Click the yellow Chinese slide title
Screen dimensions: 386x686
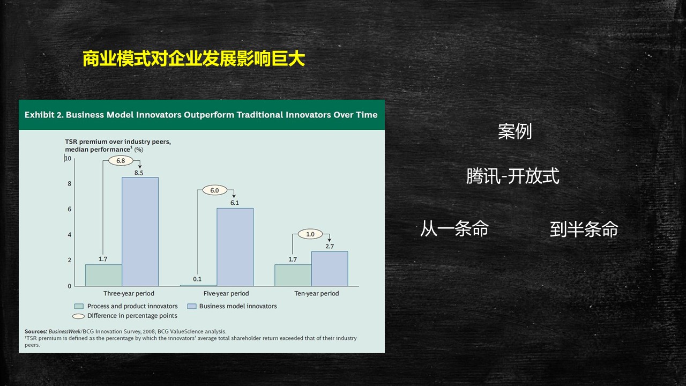193,58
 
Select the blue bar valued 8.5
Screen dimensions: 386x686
140,232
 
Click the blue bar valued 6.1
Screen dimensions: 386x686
235,247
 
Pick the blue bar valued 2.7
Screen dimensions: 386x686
330,269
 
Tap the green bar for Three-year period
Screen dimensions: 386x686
103,275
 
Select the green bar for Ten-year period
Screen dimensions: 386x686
293,275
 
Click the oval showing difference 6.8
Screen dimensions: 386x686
121,161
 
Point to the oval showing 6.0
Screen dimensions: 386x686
214,190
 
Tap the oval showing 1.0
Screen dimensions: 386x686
310,234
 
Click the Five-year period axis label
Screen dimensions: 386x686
226,294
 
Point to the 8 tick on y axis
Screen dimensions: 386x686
69,184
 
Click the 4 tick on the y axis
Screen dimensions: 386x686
69,235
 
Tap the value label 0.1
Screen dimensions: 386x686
197,279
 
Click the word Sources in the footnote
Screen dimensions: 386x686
35,332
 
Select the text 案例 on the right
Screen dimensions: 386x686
514,131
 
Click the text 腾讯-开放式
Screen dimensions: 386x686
512,176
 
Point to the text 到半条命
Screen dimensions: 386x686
584,229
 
